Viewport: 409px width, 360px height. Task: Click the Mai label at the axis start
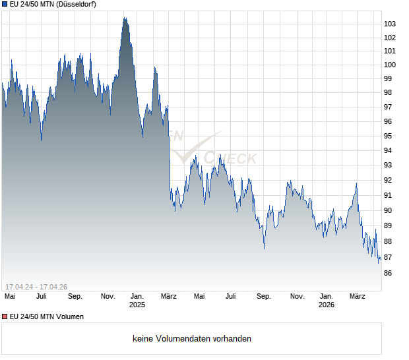pyautogui.click(x=10, y=297)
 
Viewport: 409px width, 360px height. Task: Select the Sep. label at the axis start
pyautogui.click(x=75, y=297)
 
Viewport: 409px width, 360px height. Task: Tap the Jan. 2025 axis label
pyautogui.click(x=137, y=301)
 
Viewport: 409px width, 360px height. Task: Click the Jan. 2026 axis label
pyautogui.click(x=327, y=301)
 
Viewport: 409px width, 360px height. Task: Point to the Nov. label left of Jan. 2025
pyautogui.click(x=108, y=297)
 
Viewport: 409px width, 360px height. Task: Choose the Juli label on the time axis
pyautogui.click(x=42, y=297)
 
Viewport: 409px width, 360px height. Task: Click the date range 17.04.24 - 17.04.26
pyautogui.click(x=36, y=286)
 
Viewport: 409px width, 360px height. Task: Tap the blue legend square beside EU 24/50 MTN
pyautogui.click(x=5, y=5)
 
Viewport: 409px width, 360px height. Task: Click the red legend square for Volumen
pyautogui.click(x=5, y=317)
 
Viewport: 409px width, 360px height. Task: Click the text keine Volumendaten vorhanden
pyautogui.click(x=192, y=339)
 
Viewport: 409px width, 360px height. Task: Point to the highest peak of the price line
pyautogui.click(x=124, y=18)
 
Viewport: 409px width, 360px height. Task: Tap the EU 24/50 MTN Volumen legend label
pyautogui.click(x=47, y=317)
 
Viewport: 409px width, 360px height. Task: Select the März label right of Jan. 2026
pyautogui.click(x=358, y=297)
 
